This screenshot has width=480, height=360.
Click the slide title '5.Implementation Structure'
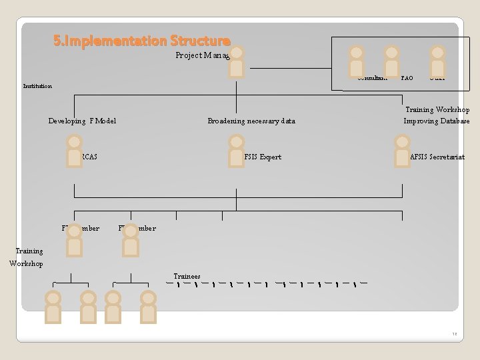(x=142, y=41)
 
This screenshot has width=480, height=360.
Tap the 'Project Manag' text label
(x=202, y=55)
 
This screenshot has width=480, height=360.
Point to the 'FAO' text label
(x=407, y=79)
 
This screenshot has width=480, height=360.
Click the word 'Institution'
(x=37, y=86)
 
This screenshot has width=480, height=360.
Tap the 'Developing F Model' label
(x=82, y=121)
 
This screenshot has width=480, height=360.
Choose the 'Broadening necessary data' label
(x=251, y=121)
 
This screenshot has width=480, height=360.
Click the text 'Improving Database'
(x=436, y=121)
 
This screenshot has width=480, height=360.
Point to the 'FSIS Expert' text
(x=263, y=157)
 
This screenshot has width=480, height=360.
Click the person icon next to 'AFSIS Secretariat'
(x=402, y=150)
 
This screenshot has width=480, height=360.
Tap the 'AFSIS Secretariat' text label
(x=437, y=157)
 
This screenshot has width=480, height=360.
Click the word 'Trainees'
(x=187, y=276)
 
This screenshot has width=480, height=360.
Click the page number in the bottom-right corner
(x=454, y=334)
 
